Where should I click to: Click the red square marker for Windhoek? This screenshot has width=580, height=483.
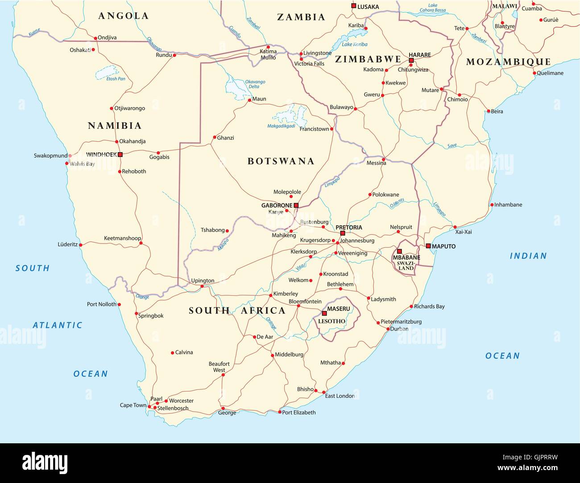click(120, 155)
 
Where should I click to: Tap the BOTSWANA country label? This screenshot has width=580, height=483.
click(281, 161)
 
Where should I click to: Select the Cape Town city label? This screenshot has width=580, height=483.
click(133, 405)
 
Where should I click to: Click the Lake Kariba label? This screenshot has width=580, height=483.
click(354, 45)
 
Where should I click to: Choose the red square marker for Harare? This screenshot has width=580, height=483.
click(411, 60)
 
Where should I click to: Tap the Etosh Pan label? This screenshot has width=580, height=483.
click(116, 79)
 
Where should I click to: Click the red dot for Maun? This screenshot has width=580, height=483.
click(249, 100)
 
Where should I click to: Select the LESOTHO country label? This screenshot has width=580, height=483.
click(331, 321)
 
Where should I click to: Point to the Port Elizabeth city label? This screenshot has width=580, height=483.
click(299, 413)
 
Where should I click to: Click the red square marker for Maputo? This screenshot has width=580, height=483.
click(428, 246)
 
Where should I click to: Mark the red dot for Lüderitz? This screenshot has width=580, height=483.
click(81, 245)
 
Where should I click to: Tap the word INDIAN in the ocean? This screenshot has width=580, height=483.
click(528, 256)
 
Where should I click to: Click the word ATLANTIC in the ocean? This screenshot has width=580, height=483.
click(58, 325)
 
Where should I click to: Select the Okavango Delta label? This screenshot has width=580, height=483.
click(255, 84)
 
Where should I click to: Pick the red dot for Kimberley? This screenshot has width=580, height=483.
click(270, 295)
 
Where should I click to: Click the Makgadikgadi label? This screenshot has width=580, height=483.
click(281, 126)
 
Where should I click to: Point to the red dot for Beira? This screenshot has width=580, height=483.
click(488, 111)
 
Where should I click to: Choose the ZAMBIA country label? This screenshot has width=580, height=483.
click(301, 17)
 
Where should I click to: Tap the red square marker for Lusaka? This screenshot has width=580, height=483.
click(353, 6)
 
